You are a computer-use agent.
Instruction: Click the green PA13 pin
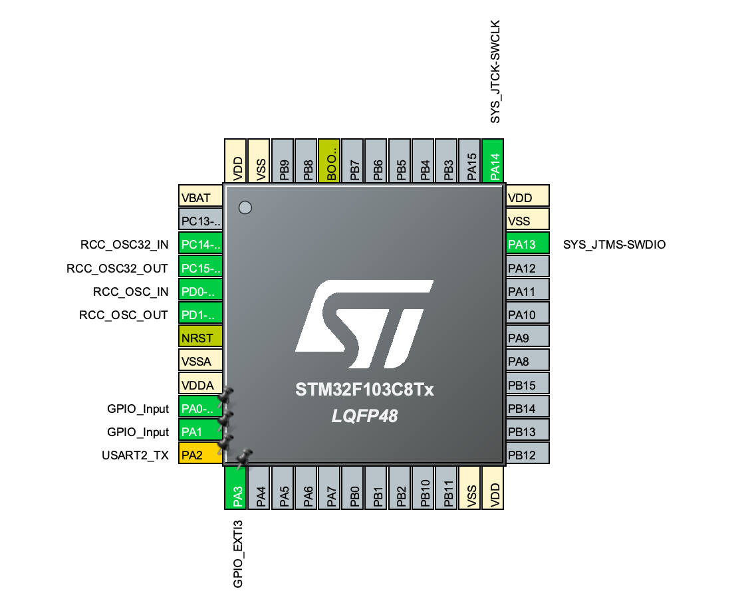[x=527, y=244]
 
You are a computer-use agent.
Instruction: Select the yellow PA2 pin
[x=199, y=455]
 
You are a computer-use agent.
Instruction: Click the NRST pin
[x=199, y=338]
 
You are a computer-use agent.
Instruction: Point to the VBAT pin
[x=199, y=197]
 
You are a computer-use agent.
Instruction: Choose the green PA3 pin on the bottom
[x=235, y=487]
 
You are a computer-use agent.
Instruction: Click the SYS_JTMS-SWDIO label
[x=614, y=245]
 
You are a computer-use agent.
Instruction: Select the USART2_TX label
[x=136, y=455]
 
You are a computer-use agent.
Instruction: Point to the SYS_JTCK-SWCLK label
[x=494, y=71]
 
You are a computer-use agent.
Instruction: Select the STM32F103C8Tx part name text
[x=364, y=390]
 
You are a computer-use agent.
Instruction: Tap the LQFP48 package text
[x=364, y=416]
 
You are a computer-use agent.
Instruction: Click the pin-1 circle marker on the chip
[x=245, y=207]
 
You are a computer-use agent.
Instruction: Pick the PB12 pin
[x=527, y=455]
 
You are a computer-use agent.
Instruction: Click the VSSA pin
[x=199, y=361]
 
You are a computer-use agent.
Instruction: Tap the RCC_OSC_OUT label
[x=124, y=314]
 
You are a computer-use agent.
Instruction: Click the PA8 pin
[x=527, y=361]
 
